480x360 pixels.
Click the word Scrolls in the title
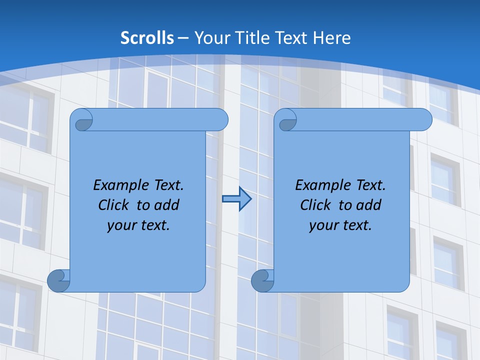click(x=147, y=38)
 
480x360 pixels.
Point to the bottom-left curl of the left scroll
click(x=58, y=280)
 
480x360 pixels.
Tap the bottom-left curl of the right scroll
click(x=262, y=280)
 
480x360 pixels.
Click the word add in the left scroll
click(x=167, y=205)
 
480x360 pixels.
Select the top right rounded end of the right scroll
click(x=422, y=120)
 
